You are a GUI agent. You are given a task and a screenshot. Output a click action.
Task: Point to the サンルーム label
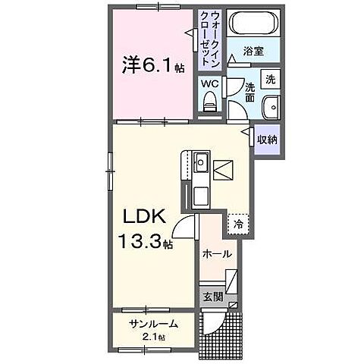pyautogui.click(x=154, y=324)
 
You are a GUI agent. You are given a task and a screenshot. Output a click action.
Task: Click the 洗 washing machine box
pyautogui.click(x=271, y=77)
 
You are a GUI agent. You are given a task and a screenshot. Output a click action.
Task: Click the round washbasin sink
pyautogui.click(x=271, y=107)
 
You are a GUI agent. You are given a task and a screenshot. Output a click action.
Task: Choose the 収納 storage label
pyautogui.click(x=266, y=139)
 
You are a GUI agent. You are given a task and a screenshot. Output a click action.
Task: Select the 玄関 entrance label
pyautogui.click(x=211, y=296)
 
